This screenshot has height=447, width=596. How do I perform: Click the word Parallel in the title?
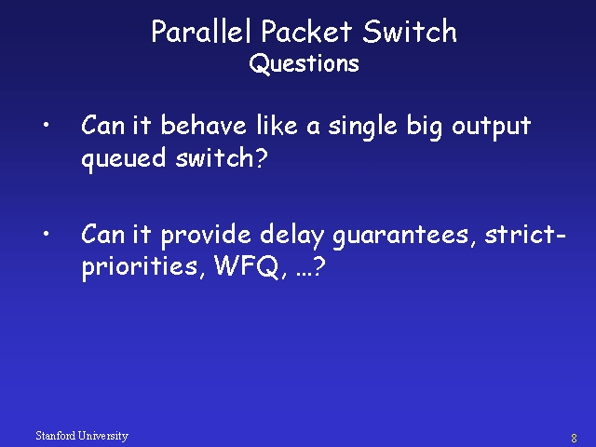[x=201, y=31]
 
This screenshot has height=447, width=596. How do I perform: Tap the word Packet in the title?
[x=306, y=31]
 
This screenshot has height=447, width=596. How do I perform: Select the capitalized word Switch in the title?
[x=409, y=31]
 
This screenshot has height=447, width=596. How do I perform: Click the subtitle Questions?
[x=305, y=63]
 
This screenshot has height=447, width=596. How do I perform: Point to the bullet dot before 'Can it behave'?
[x=46, y=125]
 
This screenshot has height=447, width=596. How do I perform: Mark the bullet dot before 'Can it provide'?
[x=46, y=234]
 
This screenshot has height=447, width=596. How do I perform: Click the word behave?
[x=203, y=125]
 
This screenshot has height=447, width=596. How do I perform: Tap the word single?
[x=362, y=128]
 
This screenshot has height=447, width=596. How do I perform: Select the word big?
[x=425, y=128]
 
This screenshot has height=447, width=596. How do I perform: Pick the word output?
[x=491, y=128]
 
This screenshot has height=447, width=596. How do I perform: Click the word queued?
[x=124, y=159]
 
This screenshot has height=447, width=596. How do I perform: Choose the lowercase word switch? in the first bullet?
[x=222, y=157]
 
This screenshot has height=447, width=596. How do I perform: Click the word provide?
[x=206, y=236]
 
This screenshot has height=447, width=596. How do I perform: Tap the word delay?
[x=291, y=236]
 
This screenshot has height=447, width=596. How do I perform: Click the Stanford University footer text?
[x=82, y=436]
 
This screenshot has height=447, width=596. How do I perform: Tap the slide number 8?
[x=574, y=439]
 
